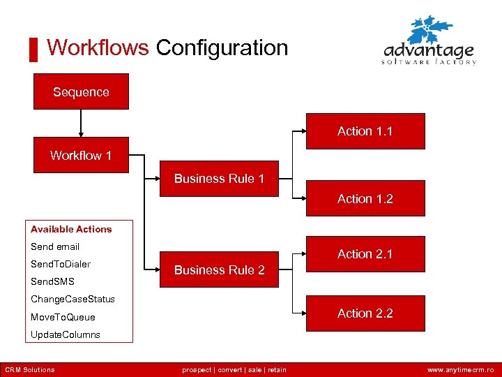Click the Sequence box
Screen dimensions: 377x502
[81, 91]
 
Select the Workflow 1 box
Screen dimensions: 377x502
[81, 155]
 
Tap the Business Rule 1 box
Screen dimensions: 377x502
[219, 179]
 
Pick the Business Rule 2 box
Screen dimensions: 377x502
[219, 270]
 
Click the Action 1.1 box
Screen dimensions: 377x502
[365, 131]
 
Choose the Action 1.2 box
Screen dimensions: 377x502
[365, 199]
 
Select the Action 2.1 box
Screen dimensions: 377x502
[365, 254]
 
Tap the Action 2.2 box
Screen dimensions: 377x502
[365, 313]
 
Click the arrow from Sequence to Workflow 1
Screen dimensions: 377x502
[81, 123]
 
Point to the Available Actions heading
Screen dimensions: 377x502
[71, 229]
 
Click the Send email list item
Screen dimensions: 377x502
[55, 246]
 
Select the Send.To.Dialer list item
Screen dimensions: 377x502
[61, 264]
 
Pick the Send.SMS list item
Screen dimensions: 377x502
[52, 281]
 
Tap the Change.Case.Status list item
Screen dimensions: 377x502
[73, 299]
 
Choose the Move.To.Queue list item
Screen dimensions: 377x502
[63, 317]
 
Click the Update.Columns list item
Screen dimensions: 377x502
[66, 334]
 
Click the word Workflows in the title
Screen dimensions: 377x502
[98, 47]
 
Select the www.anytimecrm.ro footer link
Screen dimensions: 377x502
[460, 369]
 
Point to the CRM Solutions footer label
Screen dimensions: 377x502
[30, 369]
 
